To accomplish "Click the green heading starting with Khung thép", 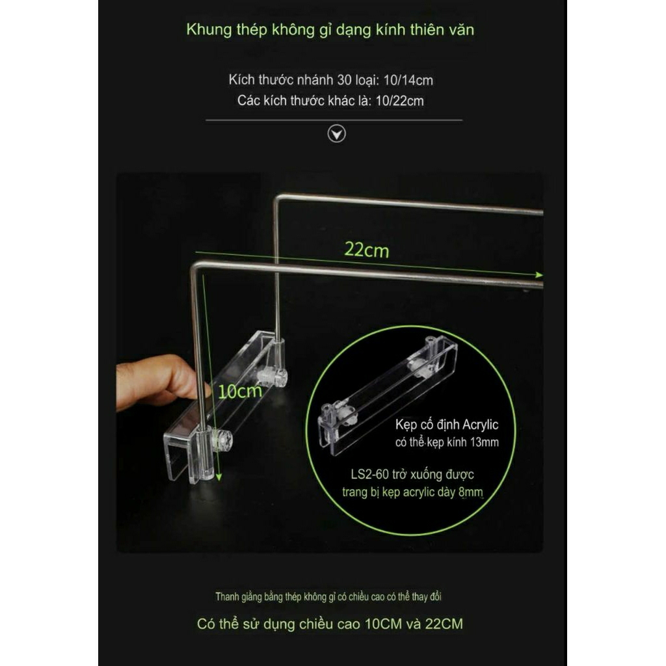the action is point(330,30).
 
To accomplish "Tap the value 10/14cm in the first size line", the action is point(408,80).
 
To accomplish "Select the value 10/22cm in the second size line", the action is point(400,101).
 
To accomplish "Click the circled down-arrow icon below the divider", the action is point(336,134).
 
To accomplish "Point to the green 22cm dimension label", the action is point(367,250).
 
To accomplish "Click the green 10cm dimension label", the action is point(240,391).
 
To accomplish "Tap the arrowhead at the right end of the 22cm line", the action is point(539,275).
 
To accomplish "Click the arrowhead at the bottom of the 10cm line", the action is point(219,477).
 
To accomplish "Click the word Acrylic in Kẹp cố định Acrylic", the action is point(480,424).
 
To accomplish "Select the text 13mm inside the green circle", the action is point(484,442).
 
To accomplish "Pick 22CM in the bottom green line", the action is point(444,624).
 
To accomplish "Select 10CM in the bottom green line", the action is point(383,624).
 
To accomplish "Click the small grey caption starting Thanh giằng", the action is point(328,597).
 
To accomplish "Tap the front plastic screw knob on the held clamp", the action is point(222,440).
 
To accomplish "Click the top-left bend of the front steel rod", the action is point(194,266).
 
